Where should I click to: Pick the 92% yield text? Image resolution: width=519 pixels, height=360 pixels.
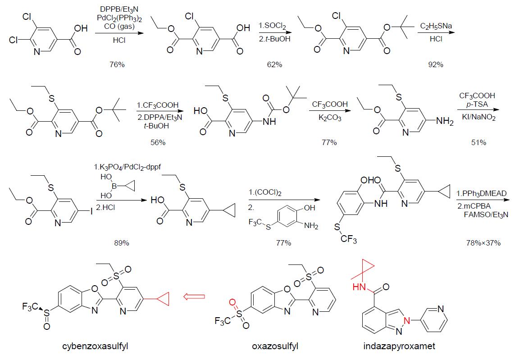click(435, 64)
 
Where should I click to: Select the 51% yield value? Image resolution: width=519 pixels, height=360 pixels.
click(478, 142)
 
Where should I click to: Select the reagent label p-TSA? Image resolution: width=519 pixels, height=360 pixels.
click(477, 104)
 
